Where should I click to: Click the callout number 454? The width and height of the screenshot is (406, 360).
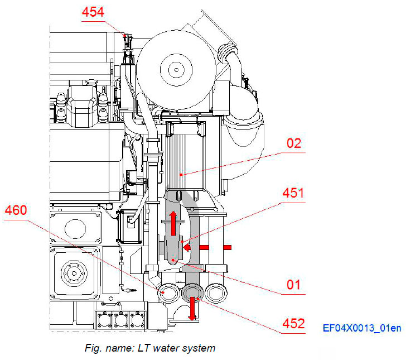pos(93,12)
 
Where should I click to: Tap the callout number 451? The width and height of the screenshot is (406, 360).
pos(294,194)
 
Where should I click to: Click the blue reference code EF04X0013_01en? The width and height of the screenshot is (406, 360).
pos(362,328)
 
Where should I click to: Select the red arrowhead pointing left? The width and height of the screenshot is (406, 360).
pos(187,246)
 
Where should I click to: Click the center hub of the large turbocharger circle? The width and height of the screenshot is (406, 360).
pos(176,70)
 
